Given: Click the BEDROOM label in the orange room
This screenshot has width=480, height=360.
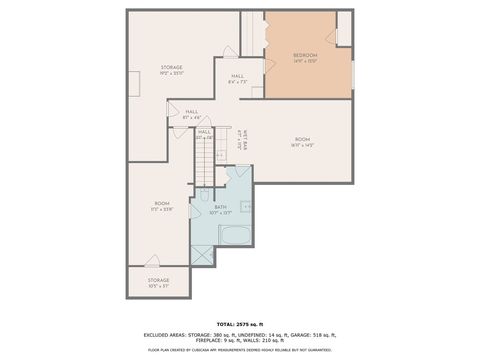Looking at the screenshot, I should click(305, 54).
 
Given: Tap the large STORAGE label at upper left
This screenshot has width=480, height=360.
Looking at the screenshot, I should click(172, 67).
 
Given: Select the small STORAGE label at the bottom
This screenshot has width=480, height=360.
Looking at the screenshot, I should click(158, 279).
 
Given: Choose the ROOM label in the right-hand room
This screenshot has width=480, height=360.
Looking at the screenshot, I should click(302, 139).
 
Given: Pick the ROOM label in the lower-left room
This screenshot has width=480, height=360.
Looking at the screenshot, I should click(161, 203).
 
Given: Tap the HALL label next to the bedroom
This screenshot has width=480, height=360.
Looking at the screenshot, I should click(237, 76).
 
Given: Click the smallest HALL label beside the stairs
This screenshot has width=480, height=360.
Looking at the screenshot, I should click(204, 132).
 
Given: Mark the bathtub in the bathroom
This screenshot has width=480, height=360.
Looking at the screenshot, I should click(237, 236).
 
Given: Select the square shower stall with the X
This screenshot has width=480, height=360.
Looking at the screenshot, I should click(203, 254).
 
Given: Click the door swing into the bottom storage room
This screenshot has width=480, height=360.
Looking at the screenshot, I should click(153, 262).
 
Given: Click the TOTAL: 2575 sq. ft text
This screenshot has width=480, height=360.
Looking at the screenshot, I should click(239, 325).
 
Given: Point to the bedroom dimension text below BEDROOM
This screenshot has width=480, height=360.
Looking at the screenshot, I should click(305, 61).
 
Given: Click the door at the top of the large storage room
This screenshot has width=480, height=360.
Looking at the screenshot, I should click(230, 50).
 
